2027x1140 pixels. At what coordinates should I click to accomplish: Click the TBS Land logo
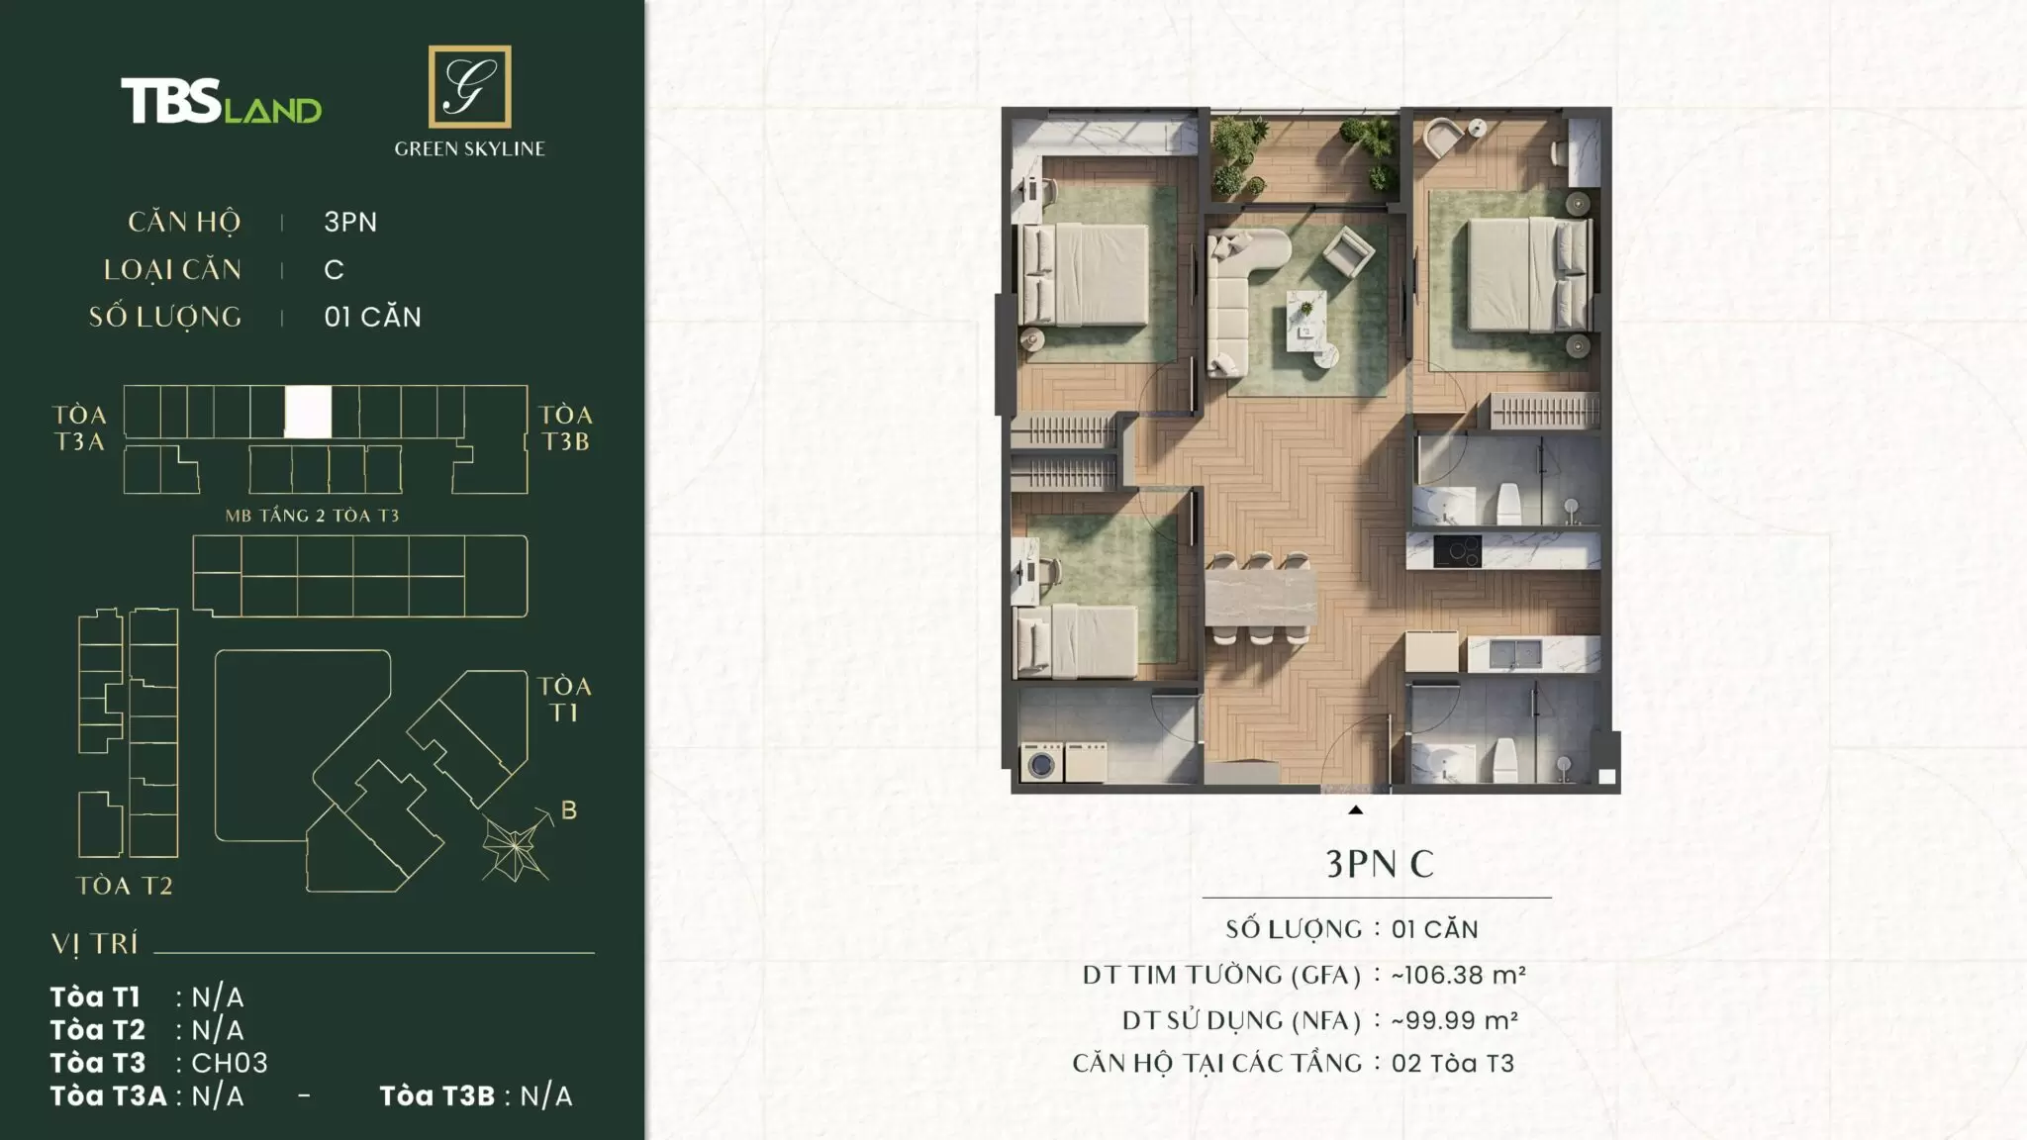[221, 102]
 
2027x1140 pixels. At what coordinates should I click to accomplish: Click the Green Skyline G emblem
[469, 86]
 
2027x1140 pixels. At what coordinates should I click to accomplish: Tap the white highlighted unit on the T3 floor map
[308, 412]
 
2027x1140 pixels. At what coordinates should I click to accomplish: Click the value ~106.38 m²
[1458, 975]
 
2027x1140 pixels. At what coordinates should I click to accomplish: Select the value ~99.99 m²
[1454, 1020]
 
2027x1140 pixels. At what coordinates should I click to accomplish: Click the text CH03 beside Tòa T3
[230, 1063]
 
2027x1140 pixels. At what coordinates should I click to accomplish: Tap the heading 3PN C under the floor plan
[1380, 864]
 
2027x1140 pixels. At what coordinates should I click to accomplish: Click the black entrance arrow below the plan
[1356, 809]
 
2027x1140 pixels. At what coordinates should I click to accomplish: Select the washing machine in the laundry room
[1042, 763]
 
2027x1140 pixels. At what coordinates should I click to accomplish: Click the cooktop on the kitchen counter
[1457, 551]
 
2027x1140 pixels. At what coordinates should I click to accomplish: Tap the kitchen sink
[1514, 653]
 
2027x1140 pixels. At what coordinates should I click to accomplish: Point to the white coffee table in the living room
[1306, 320]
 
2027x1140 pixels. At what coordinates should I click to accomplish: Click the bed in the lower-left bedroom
[1078, 640]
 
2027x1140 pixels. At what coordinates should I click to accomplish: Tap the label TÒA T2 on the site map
[125, 886]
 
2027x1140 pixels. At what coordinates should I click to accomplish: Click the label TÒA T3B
[565, 428]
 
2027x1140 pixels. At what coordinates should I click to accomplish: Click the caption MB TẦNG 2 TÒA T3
[312, 516]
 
